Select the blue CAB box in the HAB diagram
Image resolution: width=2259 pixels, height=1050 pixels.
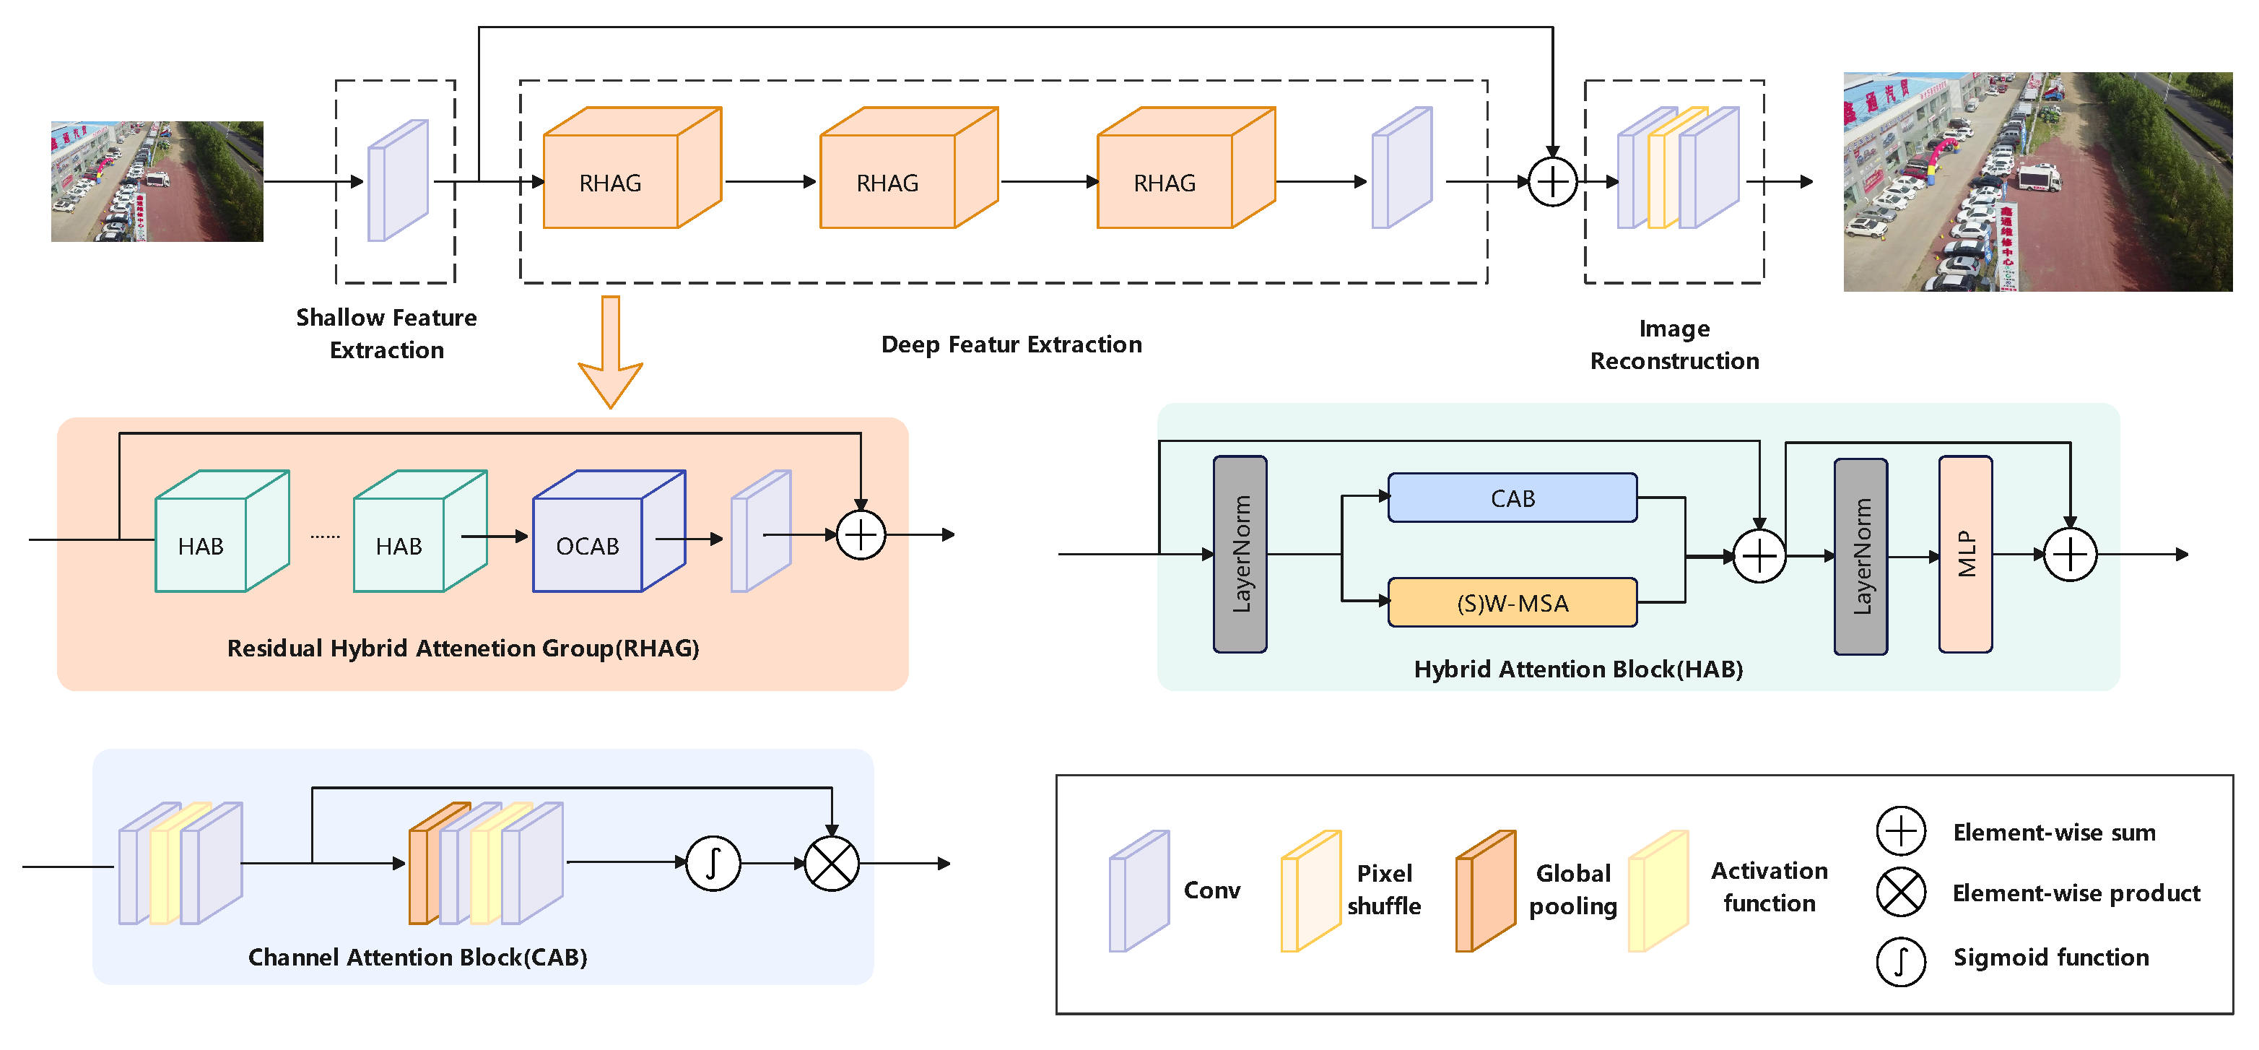pos(1512,498)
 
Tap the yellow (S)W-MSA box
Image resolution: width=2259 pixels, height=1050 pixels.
pos(1512,603)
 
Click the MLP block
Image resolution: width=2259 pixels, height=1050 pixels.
pos(1965,555)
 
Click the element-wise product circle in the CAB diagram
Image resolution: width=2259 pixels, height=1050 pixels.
pos(832,863)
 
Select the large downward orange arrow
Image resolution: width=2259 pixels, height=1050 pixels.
pos(610,351)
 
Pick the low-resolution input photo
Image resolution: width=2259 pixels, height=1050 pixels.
pos(157,181)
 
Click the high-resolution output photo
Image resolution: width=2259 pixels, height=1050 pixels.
pos(2037,181)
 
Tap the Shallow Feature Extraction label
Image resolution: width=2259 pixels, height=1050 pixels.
pos(387,334)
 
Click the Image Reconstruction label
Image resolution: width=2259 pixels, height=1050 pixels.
pos(1674,344)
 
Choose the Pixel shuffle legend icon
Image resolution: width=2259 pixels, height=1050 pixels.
pos(1311,891)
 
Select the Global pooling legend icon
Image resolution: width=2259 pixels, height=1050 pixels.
pos(1486,891)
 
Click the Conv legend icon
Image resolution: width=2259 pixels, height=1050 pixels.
pos(1139,891)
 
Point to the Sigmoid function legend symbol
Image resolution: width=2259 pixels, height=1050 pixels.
pos(1900,961)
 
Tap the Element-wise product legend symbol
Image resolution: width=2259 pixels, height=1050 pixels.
pos(1900,893)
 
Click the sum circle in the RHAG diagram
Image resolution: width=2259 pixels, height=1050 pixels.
pos(861,534)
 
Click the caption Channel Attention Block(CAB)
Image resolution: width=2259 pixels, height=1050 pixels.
pos(417,957)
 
